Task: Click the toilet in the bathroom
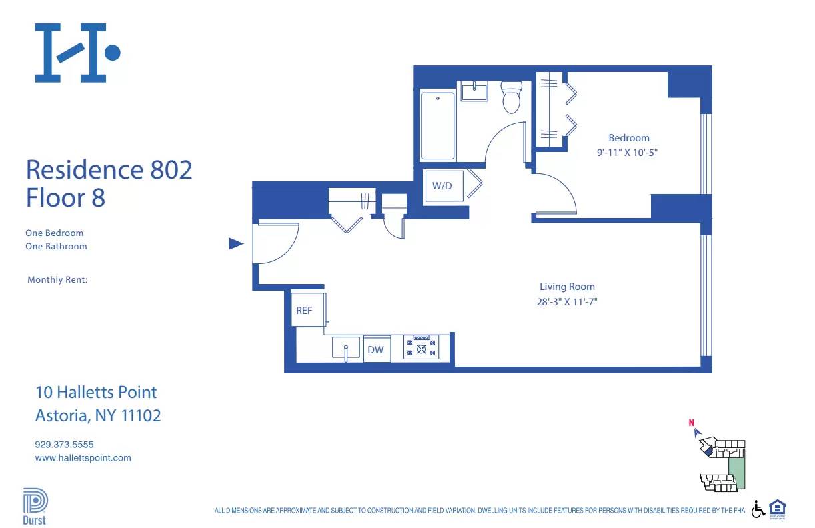tap(511, 97)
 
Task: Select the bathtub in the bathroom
tap(438, 125)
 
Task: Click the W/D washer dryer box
tap(442, 186)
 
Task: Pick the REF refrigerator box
tap(305, 310)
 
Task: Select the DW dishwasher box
tap(376, 349)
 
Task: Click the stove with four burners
tap(421, 347)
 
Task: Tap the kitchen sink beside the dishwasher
tap(346, 348)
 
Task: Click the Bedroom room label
tap(628, 138)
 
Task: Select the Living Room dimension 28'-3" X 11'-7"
tap(567, 301)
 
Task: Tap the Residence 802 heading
tap(109, 169)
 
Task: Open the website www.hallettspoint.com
tap(83, 458)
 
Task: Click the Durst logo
tap(35, 507)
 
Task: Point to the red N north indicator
tap(692, 422)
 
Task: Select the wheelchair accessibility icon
tap(758, 509)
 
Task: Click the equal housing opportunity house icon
tap(778, 508)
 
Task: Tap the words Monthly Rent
tap(57, 280)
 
